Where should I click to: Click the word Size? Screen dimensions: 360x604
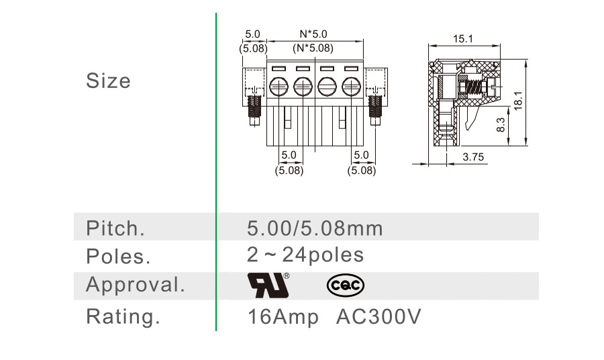(x=108, y=81)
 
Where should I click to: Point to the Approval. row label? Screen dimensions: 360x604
(x=135, y=285)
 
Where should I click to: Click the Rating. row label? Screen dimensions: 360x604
(x=123, y=316)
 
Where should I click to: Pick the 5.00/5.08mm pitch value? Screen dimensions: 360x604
(x=315, y=228)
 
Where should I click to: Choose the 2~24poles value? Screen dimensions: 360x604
(x=305, y=255)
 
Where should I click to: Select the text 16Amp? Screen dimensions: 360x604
(x=283, y=316)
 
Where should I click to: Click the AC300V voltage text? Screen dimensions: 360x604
(x=379, y=316)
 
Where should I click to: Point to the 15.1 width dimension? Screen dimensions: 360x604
(x=462, y=40)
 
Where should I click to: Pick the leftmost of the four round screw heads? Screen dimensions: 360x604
(x=279, y=86)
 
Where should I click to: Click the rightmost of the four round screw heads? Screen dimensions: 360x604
(x=351, y=86)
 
